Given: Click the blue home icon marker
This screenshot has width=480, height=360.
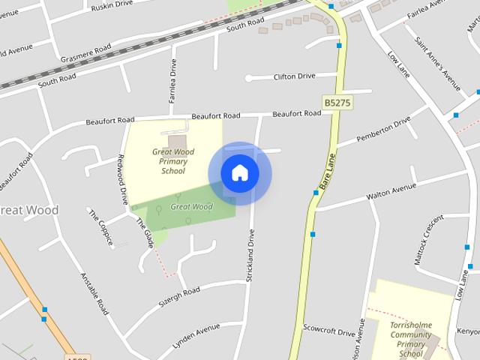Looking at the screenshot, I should click(240, 173).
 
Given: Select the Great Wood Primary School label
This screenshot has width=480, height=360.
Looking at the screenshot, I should click(173, 161).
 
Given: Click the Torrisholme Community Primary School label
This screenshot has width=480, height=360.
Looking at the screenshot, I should click(411, 339).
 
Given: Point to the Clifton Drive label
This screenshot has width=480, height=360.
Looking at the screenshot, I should click(295, 76).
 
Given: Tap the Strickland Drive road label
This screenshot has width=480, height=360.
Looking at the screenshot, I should click(251, 255).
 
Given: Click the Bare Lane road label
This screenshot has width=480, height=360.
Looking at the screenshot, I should click(325, 172).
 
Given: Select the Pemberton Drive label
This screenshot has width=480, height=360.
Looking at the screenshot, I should click(385, 128).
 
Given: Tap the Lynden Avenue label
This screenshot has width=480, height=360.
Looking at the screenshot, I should click(196, 330).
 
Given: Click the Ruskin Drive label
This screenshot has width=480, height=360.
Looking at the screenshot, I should click(110, 6).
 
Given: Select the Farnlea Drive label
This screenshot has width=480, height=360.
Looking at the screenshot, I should click(172, 82).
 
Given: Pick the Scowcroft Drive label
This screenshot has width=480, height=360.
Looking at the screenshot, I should click(328, 330).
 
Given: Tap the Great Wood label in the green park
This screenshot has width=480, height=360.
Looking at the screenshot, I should click(192, 206).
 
